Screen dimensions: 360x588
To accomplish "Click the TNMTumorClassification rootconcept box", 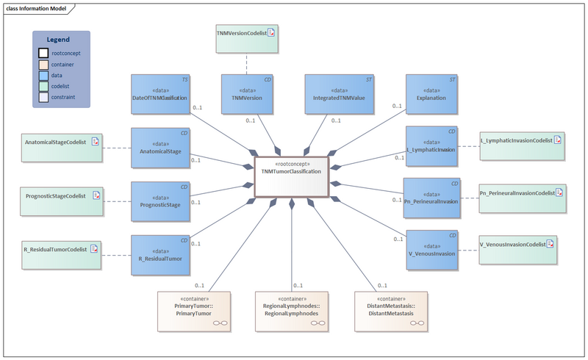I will coord(291,177).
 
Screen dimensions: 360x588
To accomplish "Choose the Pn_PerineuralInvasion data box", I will coord(432,198).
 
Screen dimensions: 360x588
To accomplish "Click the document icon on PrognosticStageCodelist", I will coord(96,196).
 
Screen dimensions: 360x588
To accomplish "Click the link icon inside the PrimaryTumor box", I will coord(218,323).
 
